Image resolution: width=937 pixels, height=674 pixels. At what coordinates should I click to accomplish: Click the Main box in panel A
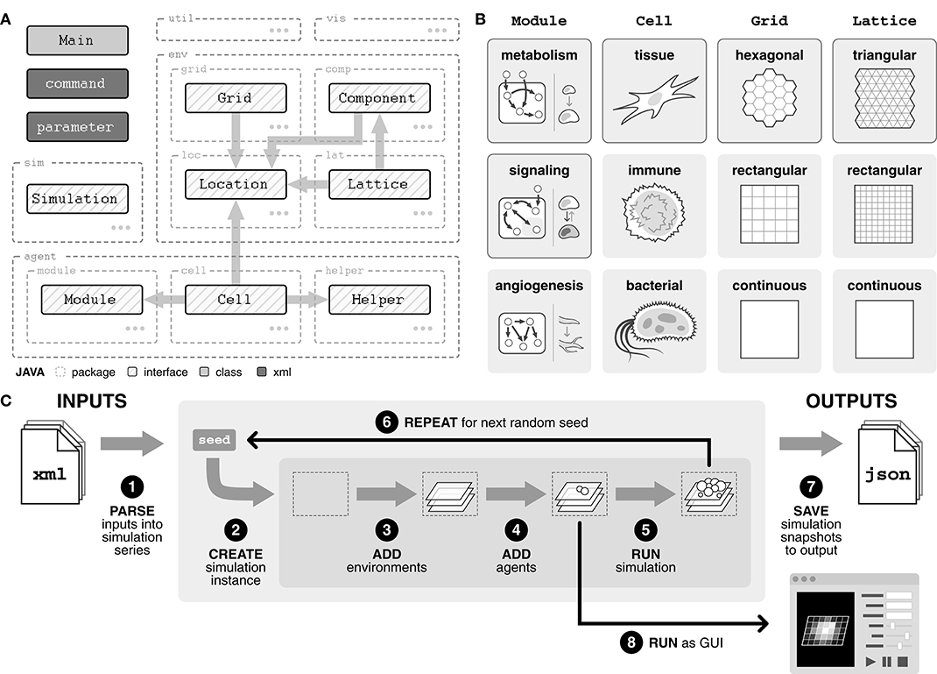click(x=77, y=40)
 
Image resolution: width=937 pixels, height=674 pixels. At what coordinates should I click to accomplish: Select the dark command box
click(x=77, y=84)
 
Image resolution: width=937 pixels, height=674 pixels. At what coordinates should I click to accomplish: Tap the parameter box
click(x=77, y=127)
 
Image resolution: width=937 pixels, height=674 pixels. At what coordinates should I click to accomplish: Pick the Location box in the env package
click(x=234, y=184)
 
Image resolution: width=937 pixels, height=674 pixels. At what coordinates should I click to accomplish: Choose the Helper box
click(x=378, y=300)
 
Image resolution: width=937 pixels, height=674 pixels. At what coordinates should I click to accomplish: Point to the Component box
click(x=377, y=98)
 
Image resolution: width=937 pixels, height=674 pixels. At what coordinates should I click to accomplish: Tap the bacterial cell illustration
click(x=653, y=331)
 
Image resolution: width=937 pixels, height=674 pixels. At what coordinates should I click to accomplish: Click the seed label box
click(x=215, y=440)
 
